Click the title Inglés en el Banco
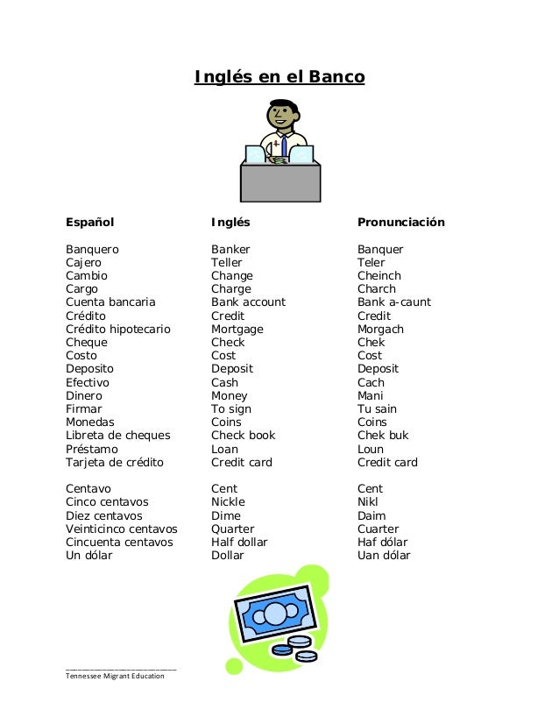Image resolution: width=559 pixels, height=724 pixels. click(279, 78)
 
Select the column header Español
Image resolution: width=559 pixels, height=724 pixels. click(90, 223)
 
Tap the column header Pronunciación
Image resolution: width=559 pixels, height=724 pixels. click(400, 223)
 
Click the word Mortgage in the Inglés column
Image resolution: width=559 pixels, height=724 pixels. click(237, 330)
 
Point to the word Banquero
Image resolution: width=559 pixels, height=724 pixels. click(92, 250)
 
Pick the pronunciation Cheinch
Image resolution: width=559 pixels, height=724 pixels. click(379, 276)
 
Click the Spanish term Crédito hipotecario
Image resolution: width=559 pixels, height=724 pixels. click(117, 330)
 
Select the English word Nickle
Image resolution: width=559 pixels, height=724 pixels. click(228, 502)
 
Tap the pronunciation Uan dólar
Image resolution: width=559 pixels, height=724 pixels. click(383, 556)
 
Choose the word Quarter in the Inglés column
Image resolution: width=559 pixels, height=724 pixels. click(232, 529)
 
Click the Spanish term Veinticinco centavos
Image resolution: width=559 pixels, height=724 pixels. click(121, 529)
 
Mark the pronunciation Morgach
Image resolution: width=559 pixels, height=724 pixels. click(380, 330)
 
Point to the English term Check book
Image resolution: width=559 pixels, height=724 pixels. click(243, 436)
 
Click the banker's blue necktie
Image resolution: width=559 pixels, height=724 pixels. click(284, 146)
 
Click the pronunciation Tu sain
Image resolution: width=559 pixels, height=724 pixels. click(377, 409)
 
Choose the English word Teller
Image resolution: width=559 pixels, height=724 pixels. click(226, 263)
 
